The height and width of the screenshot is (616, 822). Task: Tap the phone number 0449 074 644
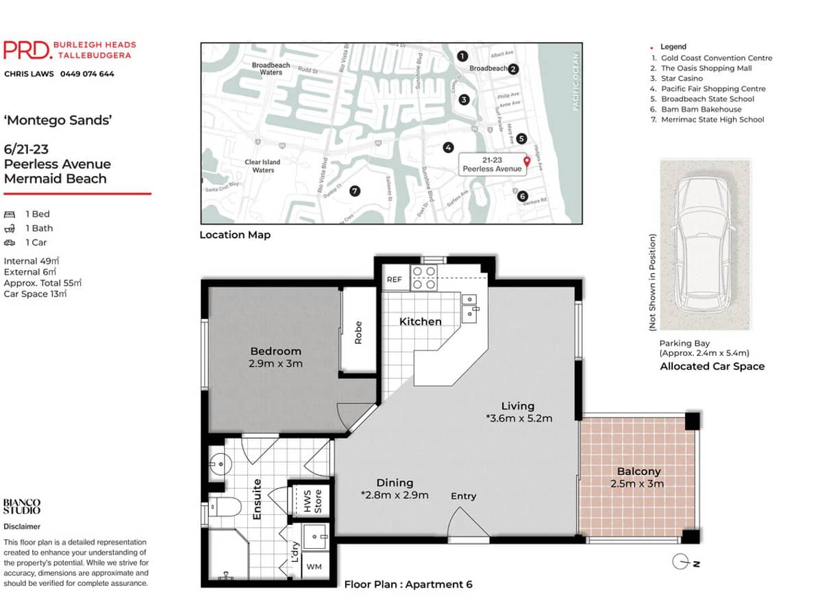(87, 74)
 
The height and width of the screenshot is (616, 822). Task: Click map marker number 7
(354, 191)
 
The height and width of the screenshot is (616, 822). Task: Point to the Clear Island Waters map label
(263, 166)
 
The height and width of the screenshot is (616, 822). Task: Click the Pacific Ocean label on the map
(575, 82)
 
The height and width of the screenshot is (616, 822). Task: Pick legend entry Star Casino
(682, 79)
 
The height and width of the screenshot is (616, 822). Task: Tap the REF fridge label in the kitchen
(395, 279)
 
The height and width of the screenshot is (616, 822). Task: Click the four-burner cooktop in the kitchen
(423, 278)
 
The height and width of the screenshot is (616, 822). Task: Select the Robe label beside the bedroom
(358, 333)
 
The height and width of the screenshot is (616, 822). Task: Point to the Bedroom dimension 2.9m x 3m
(276, 363)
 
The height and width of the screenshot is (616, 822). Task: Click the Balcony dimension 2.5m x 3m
(638, 484)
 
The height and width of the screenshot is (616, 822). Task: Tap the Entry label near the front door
(463, 496)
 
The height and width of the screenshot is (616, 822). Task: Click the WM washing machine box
(314, 567)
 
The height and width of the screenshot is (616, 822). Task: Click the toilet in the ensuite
(223, 507)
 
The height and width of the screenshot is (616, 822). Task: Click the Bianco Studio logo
(22, 506)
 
